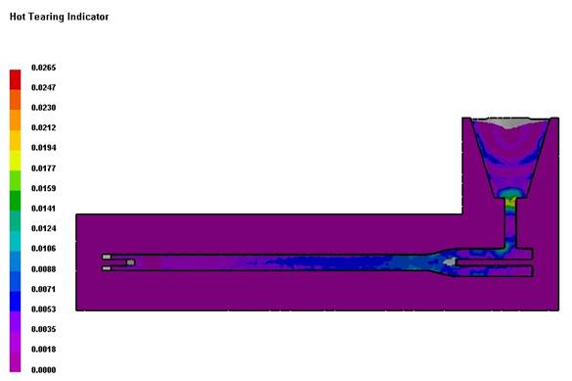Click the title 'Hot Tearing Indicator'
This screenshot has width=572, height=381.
(x=59, y=17)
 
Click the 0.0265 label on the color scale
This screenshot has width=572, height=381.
(x=44, y=68)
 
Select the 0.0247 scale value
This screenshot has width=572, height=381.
(x=44, y=88)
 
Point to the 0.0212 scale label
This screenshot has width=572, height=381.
(x=44, y=128)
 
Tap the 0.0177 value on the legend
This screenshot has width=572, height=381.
(x=44, y=168)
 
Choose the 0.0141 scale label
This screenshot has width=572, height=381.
(x=44, y=209)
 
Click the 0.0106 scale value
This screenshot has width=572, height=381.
(x=44, y=249)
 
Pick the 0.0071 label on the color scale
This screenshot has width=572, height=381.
(x=44, y=289)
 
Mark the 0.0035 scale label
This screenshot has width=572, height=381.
(x=44, y=329)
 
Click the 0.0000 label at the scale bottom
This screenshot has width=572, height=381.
(x=44, y=370)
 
